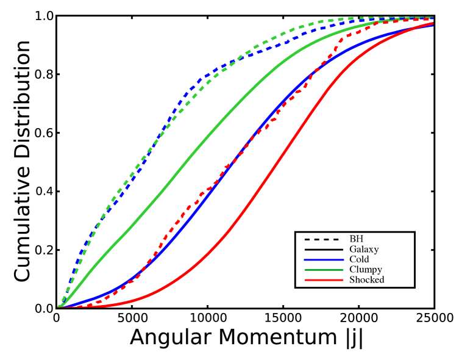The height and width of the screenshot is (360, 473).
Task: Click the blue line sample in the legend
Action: tap(324, 260)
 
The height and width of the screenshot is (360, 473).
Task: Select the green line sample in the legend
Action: tap(324, 270)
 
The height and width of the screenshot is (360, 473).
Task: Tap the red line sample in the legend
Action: tap(324, 280)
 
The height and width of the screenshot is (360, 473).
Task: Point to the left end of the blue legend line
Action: tap(305, 260)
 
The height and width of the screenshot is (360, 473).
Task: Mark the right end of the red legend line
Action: tap(343, 280)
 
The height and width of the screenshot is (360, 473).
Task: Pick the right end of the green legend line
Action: tap(343, 270)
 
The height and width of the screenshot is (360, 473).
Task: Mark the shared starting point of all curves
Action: tap(60, 306)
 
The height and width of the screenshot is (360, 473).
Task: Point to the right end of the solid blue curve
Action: tap(433, 25)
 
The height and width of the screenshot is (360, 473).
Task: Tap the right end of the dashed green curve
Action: tap(433, 18)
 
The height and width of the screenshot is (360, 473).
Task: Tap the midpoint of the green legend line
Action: tap(324, 270)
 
